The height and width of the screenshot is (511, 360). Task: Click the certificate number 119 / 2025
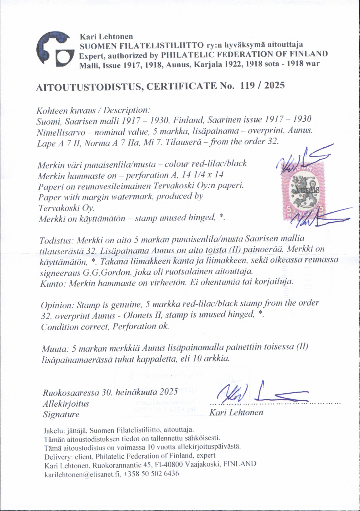coord(262,85)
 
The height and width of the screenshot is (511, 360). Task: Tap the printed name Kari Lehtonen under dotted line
coord(236,413)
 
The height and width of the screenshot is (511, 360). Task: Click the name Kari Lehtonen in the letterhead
coord(106,37)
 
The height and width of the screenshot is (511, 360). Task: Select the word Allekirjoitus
coord(66,404)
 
